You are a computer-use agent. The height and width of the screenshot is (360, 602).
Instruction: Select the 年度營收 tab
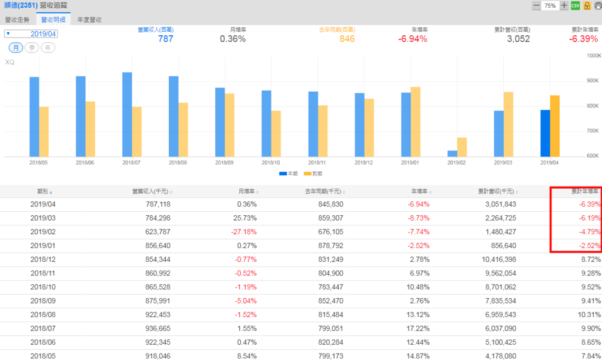pyautogui.click(x=89, y=19)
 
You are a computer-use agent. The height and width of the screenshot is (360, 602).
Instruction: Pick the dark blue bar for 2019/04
pyautogui.click(x=545, y=133)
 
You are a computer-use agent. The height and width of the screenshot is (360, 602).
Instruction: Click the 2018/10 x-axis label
pyautogui.click(x=271, y=162)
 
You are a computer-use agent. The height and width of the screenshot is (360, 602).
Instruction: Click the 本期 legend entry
pyautogui.click(x=289, y=174)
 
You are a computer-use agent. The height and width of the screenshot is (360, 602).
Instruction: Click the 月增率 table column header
pyautogui.click(x=246, y=191)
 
